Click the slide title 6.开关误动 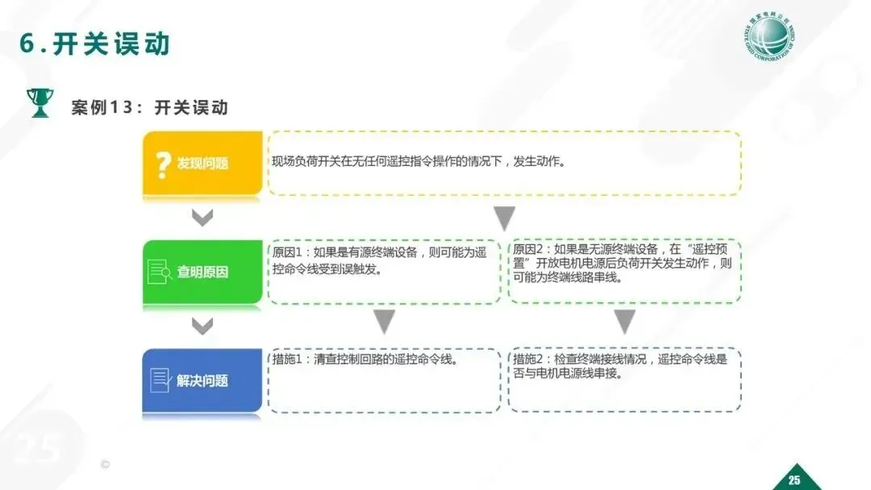point(95,44)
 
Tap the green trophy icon point(40,103)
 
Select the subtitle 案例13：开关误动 point(150,107)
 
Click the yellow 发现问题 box point(202,163)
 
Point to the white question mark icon point(163,163)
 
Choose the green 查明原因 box point(202,272)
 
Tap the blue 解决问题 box point(202,380)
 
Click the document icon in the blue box point(160,380)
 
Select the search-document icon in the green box point(160,272)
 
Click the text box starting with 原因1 point(384,272)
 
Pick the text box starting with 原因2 point(624,272)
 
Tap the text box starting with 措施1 point(384,380)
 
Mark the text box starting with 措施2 point(624,380)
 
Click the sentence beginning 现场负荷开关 point(418,162)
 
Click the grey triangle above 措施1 point(385,322)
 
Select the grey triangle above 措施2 point(624,322)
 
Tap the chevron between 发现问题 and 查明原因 point(202,218)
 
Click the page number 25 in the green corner point(794,480)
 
